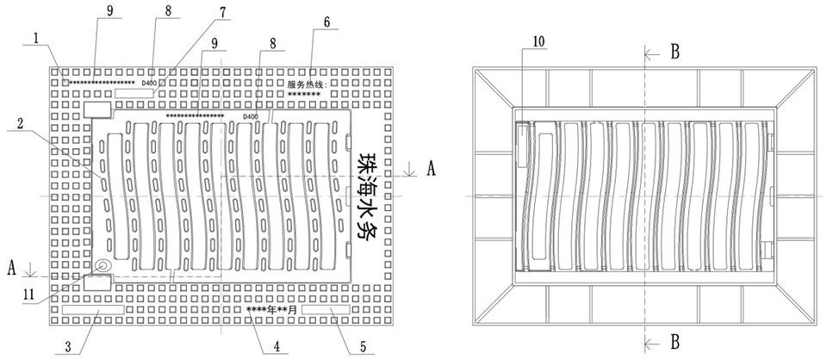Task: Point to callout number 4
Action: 277,348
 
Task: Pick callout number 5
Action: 362,347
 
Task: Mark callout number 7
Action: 223,13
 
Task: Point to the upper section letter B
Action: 675,52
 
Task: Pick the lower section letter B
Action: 675,340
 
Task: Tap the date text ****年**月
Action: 271,308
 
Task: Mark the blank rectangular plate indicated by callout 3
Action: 93,308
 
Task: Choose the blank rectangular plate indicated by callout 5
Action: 326,308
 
